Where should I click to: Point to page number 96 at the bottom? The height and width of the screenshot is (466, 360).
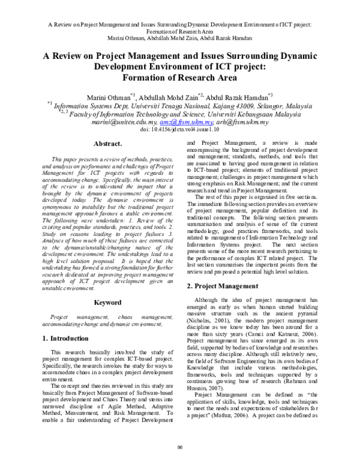pos(180,446)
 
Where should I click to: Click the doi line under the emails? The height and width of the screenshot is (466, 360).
pos(180,129)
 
